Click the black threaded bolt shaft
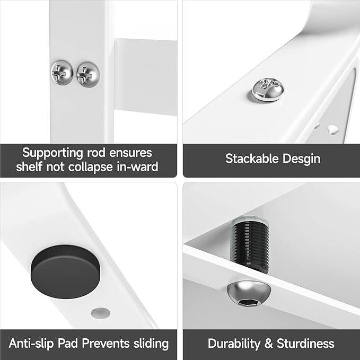coord(250,245)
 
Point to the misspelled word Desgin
coord(302,158)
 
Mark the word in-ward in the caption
coord(142,168)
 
